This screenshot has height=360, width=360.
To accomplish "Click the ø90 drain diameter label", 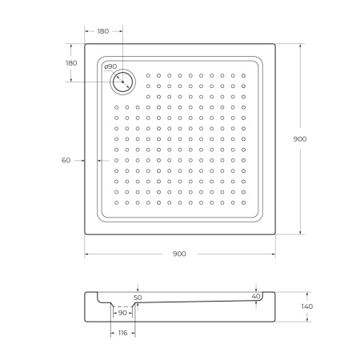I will [110, 66].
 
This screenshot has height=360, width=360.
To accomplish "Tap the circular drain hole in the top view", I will [123, 81].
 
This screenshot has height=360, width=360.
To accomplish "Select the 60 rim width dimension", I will [66, 160].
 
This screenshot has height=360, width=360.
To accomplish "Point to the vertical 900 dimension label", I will [300, 139].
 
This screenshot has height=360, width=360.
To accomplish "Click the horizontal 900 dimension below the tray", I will [179, 254].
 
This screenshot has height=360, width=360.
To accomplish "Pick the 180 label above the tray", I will [103, 31].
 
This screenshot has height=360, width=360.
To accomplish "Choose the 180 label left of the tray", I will [70, 62].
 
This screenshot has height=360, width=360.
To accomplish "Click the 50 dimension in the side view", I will [138, 298].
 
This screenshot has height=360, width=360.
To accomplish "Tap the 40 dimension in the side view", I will [256, 297].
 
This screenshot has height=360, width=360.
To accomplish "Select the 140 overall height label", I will [307, 306].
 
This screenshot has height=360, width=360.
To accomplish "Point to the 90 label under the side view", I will [122, 312].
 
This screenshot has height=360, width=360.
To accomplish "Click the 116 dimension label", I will [121, 332].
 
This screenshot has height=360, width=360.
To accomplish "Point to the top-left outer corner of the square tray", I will [84, 43].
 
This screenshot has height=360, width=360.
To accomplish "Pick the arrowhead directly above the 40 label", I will [256, 289].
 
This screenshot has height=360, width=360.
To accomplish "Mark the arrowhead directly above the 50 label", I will [138, 290].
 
